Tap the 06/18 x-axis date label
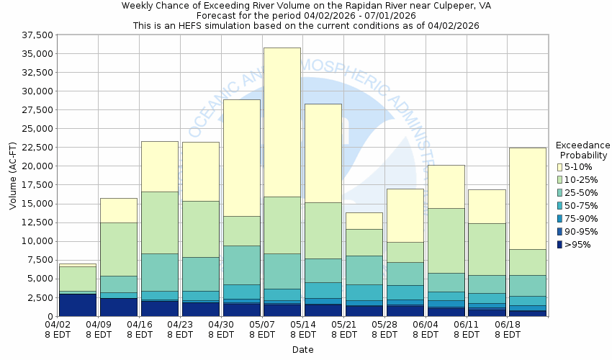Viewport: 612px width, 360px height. (x=509, y=329)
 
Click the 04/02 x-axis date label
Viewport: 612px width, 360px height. (x=58, y=329)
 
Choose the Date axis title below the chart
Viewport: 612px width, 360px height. (x=302, y=350)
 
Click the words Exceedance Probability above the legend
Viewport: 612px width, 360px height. (x=582, y=150)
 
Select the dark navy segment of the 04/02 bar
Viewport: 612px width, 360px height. (x=78, y=305)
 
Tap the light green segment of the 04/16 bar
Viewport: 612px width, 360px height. (x=160, y=222)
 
